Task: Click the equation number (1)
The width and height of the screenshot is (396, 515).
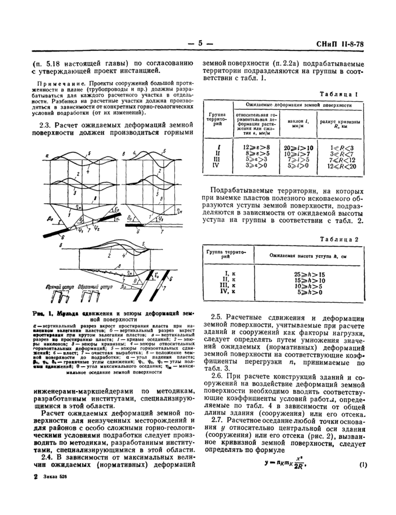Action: [x=361, y=465]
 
